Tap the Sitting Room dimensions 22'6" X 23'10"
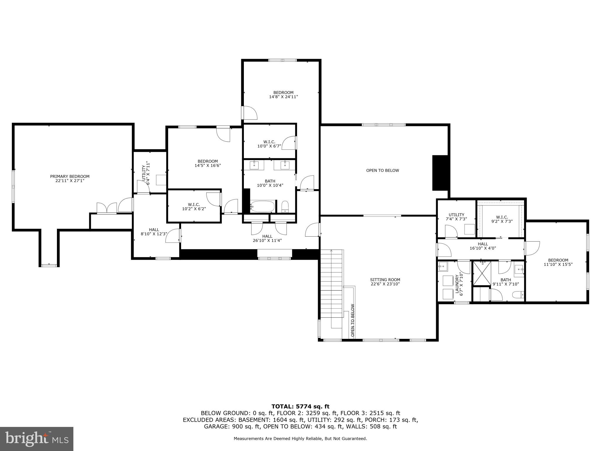385,284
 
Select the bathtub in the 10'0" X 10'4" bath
263,206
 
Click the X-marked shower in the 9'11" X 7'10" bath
482,273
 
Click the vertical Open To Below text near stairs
352,320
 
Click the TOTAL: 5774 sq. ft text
300,406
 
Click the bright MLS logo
37,439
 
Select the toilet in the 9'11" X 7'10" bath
518,294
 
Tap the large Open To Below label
382,170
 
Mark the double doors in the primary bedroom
107,208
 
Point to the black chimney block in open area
440,173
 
